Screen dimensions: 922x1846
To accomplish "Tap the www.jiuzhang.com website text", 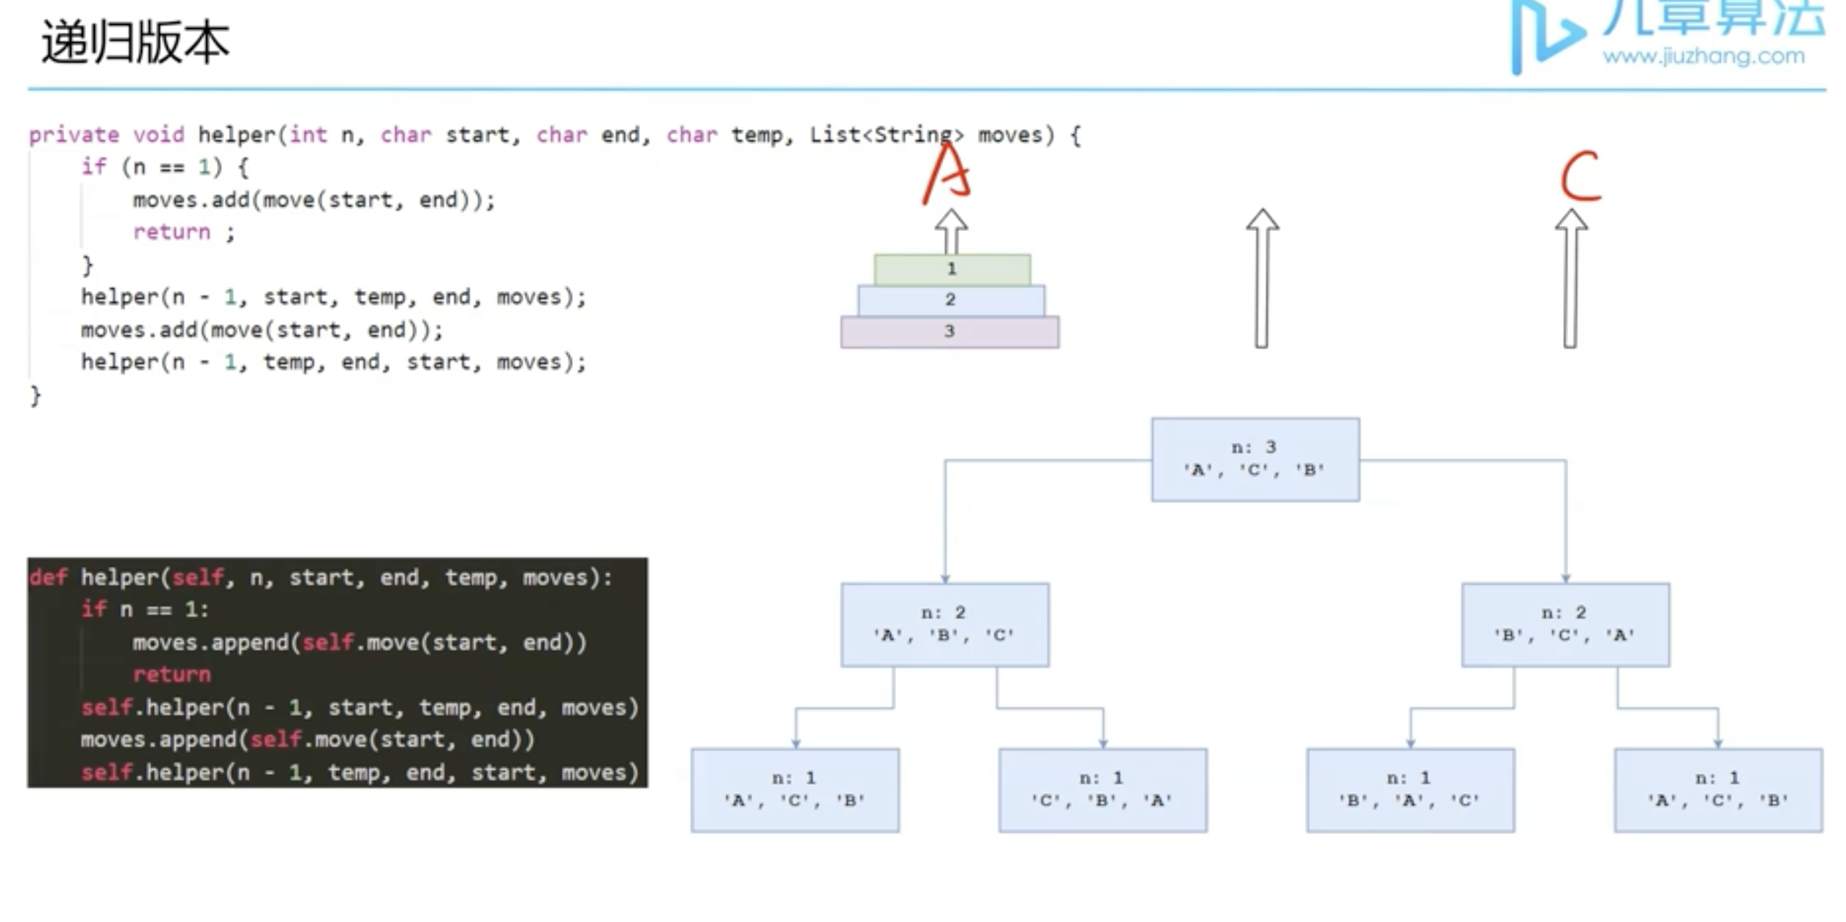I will coord(1704,56).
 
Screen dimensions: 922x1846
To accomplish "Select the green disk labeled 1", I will coord(951,269).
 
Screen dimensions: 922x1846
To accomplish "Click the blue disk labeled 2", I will coord(950,300).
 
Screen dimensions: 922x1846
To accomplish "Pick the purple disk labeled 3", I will coord(950,332).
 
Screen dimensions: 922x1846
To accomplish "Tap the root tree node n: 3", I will coord(1255,459).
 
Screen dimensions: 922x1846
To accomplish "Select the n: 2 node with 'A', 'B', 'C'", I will coord(945,624).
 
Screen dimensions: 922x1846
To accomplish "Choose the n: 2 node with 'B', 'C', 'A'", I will coord(1565,624).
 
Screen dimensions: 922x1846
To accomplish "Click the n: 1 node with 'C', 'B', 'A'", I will coord(1102,790).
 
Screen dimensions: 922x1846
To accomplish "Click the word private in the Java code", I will coord(74,135).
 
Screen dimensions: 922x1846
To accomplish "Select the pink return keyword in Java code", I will coord(171,232).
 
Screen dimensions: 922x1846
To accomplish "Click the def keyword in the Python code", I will coord(48,578).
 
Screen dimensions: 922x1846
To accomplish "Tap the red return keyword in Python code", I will coord(171,675).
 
